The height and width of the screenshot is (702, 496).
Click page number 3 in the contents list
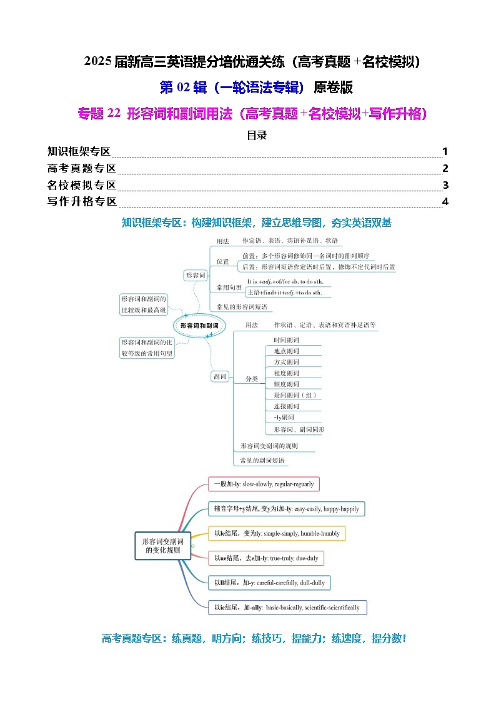[445, 185]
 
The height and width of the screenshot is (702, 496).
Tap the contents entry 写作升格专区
[82, 201]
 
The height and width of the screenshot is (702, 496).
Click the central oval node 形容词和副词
[199, 326]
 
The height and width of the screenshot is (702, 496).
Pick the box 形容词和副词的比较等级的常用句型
[147, 348]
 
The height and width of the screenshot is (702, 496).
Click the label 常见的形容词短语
[242, 307]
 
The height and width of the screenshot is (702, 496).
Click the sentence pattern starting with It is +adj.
[288, 281]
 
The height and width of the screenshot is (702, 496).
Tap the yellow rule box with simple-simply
[277, 534]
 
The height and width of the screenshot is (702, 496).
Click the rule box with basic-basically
[287, 608]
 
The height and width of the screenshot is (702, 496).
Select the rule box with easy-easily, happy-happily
[286, 509]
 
